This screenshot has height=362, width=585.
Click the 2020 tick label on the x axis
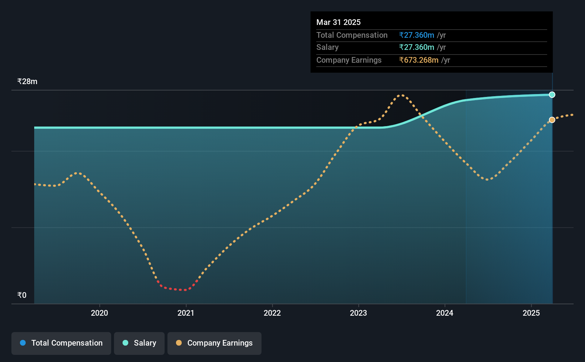tap(99, 313)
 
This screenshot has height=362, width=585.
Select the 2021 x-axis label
tap(186, 313)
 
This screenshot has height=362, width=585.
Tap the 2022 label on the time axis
tap(272, 313)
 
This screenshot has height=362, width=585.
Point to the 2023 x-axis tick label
tap(358, 313)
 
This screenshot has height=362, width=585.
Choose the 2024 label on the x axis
tap(445, 313)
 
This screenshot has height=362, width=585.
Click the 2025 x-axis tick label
tap(531, 313)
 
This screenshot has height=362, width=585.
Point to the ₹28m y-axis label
tap(27, 82)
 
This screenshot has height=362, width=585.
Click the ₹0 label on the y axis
tap(22, 295)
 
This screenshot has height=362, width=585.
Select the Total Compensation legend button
tap(61, 343)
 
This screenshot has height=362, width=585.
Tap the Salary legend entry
tap(139, 343)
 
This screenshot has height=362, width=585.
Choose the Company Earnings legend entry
tap(214, 343)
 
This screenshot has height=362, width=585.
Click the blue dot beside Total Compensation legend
tap(23, 343)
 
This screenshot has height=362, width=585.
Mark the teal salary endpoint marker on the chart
tap(552, 94)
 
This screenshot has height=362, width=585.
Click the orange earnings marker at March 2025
tap(552, 120)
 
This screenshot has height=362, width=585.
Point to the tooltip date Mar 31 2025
tap(338, 22)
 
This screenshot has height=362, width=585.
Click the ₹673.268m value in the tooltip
tap(419, 60)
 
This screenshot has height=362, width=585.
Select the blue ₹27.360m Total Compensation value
tap(416, 35)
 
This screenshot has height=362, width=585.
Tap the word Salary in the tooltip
tap(327, 47)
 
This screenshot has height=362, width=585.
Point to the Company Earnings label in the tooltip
tap(349, 60)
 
